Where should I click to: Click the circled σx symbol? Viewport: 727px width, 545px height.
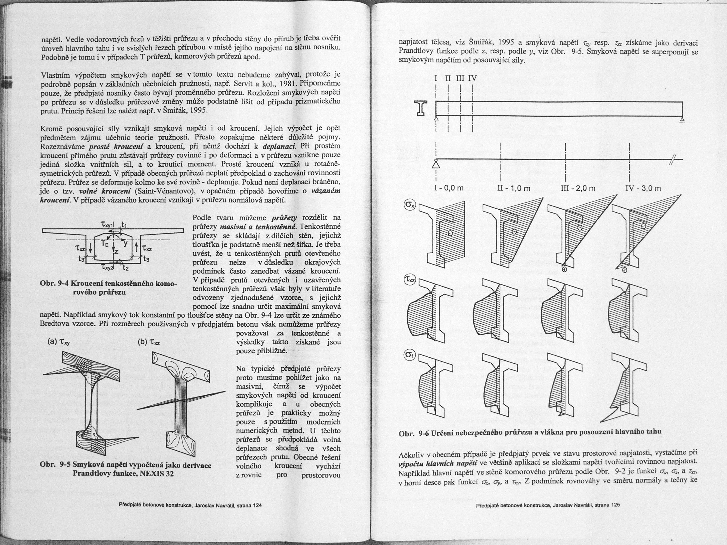[410, 205]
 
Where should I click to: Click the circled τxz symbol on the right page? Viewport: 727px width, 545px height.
[410, 280]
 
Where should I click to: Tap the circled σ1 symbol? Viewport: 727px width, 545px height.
[410, 355]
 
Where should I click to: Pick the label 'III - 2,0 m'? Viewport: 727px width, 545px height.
[579, 188]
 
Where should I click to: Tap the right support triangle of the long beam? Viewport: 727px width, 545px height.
[682, 119]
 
